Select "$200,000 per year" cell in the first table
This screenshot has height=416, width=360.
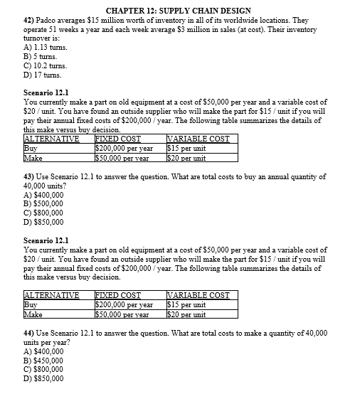[125, 148]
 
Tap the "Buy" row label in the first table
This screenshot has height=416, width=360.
[31, 148]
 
